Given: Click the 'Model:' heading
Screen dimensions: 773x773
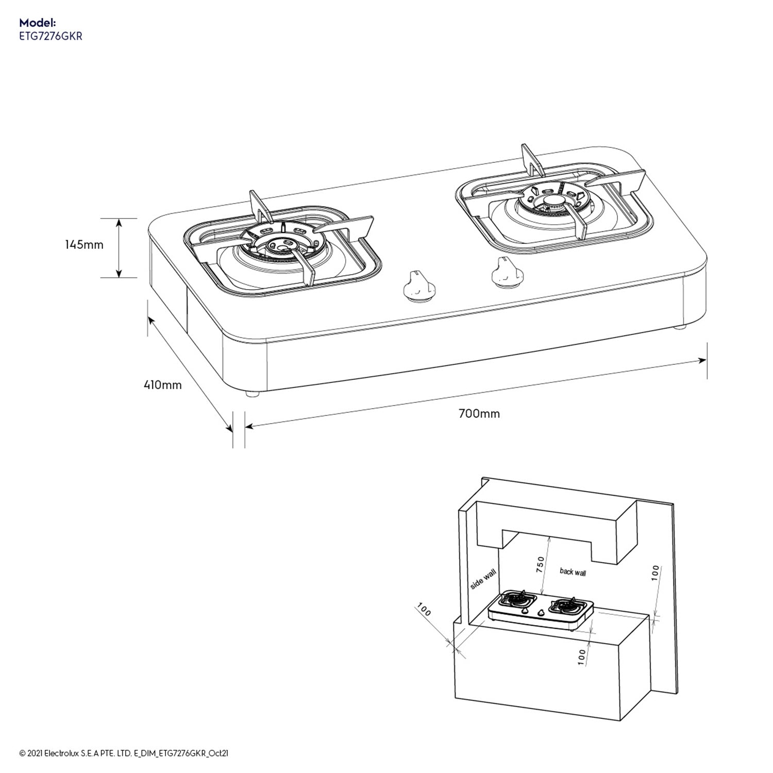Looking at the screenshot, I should (x=37, y=23).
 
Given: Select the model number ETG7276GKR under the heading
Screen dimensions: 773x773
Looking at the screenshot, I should (x=51, y=37).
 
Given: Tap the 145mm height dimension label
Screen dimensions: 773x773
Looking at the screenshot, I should (x=84, y=245).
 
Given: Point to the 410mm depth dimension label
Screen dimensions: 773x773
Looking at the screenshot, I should (x=162, y=384).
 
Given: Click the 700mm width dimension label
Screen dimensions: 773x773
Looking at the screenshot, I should (x=479, y=413).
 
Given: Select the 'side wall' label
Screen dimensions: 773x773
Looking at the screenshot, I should (x=483, y=580).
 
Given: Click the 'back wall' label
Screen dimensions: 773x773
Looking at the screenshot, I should (x=573, y=572).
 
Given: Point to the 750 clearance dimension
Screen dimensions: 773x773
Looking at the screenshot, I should (x=540, y=565).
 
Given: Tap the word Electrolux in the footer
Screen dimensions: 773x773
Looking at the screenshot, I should (x=60, y=753).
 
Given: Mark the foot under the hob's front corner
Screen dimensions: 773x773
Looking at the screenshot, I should (x=252, y=394).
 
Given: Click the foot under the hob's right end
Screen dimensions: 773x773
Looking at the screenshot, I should (x=680, y=327).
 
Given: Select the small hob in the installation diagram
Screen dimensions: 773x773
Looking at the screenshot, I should (x=540, y=611).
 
